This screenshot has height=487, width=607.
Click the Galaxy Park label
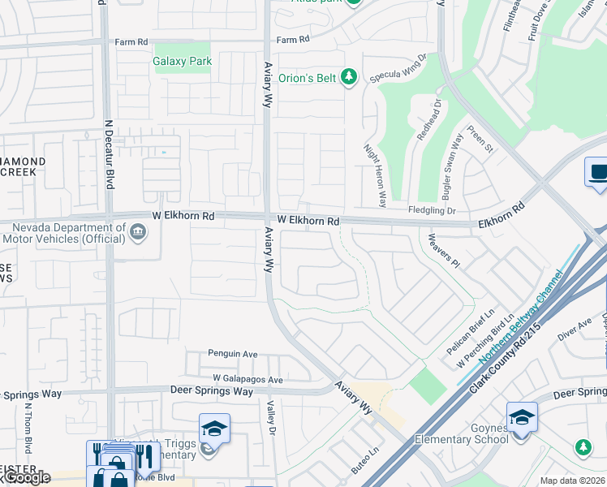183,61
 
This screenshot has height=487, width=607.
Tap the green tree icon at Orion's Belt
349,78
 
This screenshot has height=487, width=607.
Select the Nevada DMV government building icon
138,233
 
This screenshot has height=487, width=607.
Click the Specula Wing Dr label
398,69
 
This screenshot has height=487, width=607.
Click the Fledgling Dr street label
433,211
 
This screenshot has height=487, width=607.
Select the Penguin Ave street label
232,354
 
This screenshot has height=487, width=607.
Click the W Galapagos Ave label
248,379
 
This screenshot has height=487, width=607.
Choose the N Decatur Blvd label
108,154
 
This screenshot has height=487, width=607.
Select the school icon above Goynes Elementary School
522,417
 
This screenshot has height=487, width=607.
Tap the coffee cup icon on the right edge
597,172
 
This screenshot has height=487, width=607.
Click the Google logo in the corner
27,478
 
